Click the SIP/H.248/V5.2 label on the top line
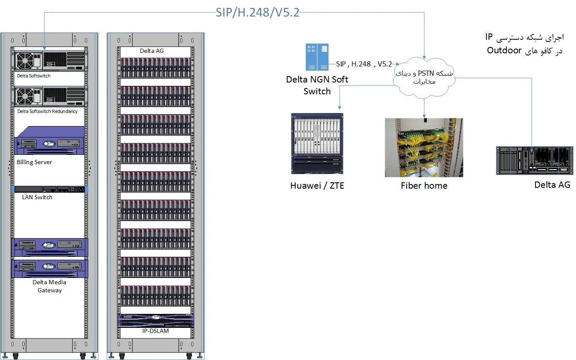point(258,13)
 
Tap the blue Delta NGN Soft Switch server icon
point(317,57)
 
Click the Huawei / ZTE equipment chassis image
point(317,143)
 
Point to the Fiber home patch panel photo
point(424,147)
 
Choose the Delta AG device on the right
point(535,160)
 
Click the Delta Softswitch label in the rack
point(34,76)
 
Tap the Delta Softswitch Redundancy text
point(47,112)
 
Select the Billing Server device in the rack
point(50,141)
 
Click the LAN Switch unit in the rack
point(50,189)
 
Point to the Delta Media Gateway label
point(49,286)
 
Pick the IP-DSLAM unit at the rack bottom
point(156,321)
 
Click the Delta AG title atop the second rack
point(152,51)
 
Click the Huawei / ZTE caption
point(317,186)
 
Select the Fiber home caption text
point(424,186)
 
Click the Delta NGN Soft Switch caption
point(317,85)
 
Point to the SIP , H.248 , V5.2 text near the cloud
point(364,64)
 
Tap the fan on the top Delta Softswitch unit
point(24,60)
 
